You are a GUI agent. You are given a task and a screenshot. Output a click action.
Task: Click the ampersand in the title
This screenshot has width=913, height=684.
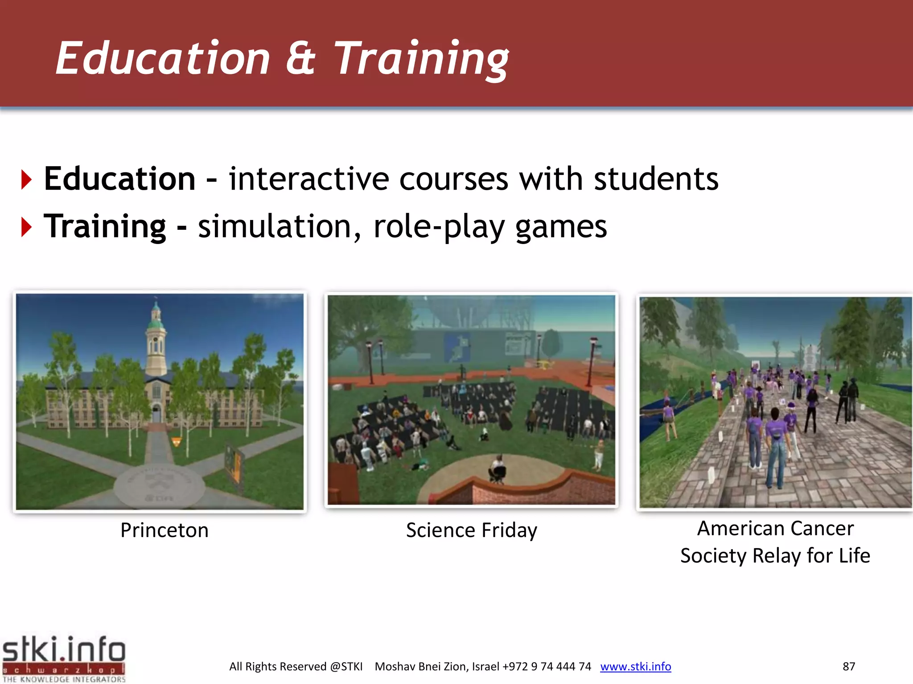coord(300,58)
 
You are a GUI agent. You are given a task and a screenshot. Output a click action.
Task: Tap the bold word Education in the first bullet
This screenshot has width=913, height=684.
coord(119,179)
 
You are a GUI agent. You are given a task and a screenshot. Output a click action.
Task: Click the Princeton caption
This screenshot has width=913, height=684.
coord(165,530)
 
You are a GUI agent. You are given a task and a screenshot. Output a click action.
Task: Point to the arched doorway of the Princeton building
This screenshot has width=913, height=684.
coord(156,413)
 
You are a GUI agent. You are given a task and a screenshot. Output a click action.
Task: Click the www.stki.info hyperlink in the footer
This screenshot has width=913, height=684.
coord(635,667)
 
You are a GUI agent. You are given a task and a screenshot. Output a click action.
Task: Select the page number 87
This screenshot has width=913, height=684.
coord(849,667)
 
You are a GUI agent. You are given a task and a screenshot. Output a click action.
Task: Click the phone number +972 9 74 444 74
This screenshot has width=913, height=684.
coord(547,667)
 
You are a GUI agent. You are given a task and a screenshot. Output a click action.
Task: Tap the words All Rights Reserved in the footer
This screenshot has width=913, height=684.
coord(278,667)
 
